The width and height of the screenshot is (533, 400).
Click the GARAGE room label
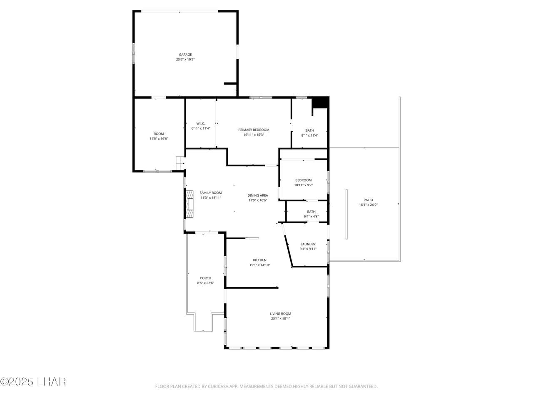tap(185, 55)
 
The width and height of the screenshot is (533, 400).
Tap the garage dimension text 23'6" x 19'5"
tap(185, 60)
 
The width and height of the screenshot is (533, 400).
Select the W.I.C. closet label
tap(201, 124)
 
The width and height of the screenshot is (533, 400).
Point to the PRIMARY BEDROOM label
tap(254, 130)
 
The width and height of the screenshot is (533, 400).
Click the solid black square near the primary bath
tap(320, 102)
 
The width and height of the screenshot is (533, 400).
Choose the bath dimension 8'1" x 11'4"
tap(310, 135)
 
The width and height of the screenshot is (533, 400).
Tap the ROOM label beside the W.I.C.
tap(159, 134)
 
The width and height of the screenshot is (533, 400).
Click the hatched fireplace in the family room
tap(189, 204)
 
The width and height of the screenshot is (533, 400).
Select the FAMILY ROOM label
tap(211, 193)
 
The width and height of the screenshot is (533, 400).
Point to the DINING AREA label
tap(258, 195)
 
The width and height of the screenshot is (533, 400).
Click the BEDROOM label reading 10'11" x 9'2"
tap(303, 180)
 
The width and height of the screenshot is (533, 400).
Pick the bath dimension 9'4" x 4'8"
tap(311, 217)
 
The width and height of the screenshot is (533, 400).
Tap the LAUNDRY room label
tap(308, 244)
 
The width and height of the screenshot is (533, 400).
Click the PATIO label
tap(368, 200)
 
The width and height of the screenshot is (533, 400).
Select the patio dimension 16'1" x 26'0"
tap(368, 205)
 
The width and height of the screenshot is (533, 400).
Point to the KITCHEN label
tap(259, 260)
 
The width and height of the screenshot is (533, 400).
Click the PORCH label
tap(205, 278)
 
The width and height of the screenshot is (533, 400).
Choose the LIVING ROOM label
tap(280, 314)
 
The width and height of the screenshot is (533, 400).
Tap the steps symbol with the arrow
tap(180, 163)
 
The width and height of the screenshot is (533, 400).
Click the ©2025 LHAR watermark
tap(33, 382)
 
